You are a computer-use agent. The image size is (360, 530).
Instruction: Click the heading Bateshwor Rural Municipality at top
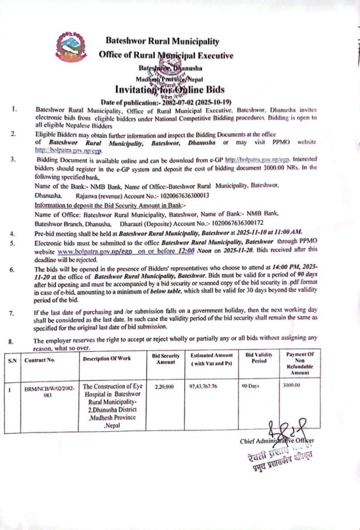click(163, 41)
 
